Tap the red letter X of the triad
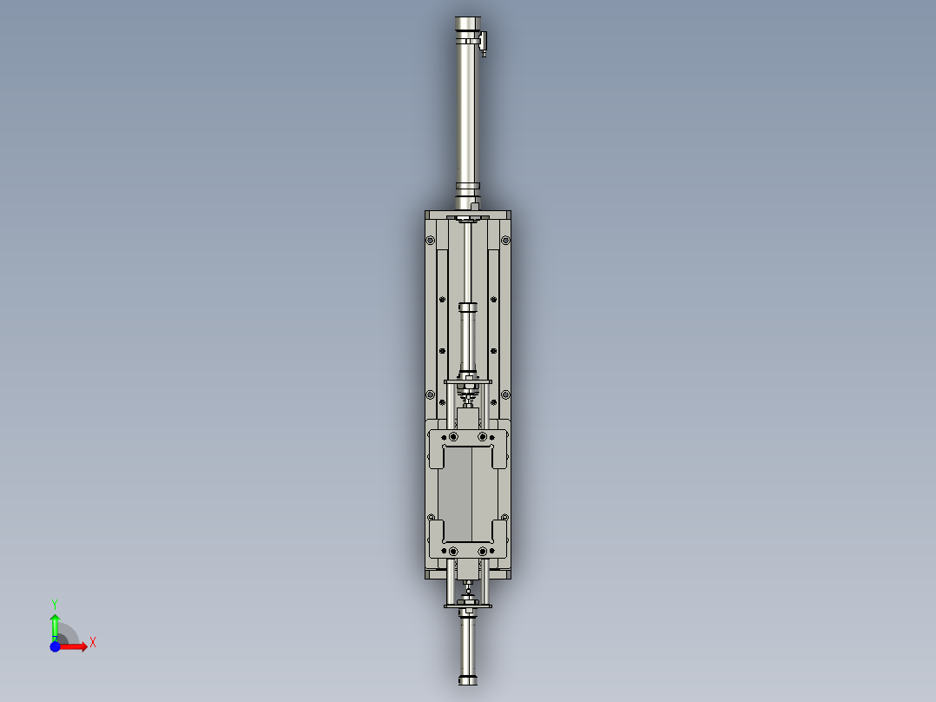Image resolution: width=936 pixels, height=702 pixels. point(92,643)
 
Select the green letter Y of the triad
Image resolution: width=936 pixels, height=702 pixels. point(54,602)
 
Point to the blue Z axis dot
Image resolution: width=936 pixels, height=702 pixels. point(55,646)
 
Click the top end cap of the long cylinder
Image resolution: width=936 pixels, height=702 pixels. point(467,23)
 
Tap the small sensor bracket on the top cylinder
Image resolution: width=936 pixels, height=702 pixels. point(483,41)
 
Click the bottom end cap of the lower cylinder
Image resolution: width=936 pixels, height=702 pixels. point(468,680)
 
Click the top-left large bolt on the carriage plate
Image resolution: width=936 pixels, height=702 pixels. point(452,435)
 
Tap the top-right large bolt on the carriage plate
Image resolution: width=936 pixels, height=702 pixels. point(483,435)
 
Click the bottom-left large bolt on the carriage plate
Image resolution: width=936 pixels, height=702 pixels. point(452,551)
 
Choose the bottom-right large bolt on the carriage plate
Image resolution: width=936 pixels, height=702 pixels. point(483,551)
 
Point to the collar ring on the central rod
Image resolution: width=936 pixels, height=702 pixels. point(468,307)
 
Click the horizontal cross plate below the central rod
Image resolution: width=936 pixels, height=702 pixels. point(468,381)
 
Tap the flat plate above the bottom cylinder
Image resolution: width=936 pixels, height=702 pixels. point(468,606)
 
